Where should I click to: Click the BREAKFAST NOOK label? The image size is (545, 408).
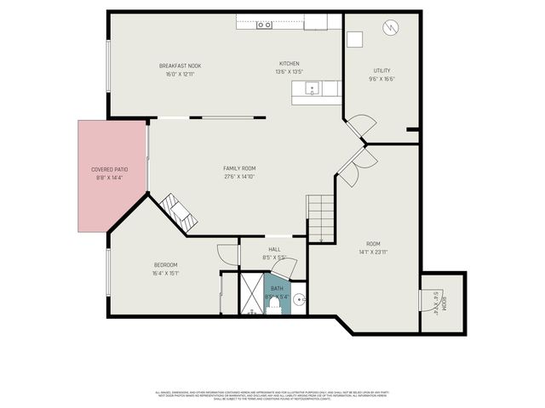pyautogui.click(x=180, y=65)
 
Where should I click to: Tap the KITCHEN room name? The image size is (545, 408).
pyautogui.click(x=290, y=64)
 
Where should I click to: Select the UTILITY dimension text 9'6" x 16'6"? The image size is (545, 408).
pyautogui.click(x=383, y=79)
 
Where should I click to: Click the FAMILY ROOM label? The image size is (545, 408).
pyautogui.click(x=239, y=168)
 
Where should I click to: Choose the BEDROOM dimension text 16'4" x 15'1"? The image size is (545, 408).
pyautogui.click(x=165, y=273)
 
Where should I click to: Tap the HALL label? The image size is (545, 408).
pyautogui.click(x=274, y=249)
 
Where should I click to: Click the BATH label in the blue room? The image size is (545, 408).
pyautogui.click(x=277, y=289)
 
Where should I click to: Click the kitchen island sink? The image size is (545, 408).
pyautogui.click(x=313, y=88)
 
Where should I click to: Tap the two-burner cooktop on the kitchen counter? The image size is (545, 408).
pyautogui.click(x=264, y=25)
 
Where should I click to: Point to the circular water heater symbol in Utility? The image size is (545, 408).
pyautogui.click(x=390, y=27)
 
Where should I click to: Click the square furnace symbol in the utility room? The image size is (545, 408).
pyautogui.click(x=354, y=39)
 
